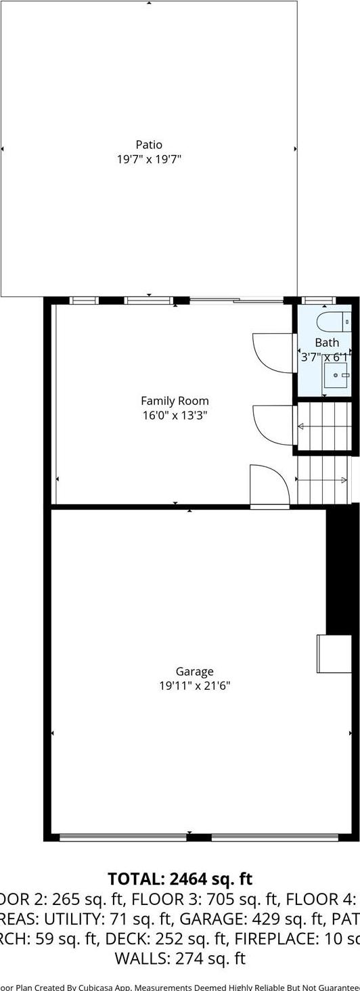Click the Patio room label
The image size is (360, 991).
pos(149,144)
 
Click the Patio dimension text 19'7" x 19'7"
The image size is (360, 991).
pos(149,160)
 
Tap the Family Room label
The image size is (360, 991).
pos(175,401)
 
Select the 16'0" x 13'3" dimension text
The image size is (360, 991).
pos(175,416)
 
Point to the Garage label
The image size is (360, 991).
pos(195,671)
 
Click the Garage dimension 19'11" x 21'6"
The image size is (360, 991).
pos(195,686)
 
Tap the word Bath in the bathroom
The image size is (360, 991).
pos(327,343)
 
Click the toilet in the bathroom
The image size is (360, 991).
pos(332,321)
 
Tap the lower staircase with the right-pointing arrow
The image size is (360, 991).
pos(323,480)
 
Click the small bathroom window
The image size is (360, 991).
pos(318,300)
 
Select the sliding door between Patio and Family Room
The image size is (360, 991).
pos(236,301)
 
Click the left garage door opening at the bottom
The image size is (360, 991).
pos(122,837)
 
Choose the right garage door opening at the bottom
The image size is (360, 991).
pos(274,837)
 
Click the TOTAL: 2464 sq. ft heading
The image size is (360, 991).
pos(180,879)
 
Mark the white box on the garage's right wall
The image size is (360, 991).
pos(334,653)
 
